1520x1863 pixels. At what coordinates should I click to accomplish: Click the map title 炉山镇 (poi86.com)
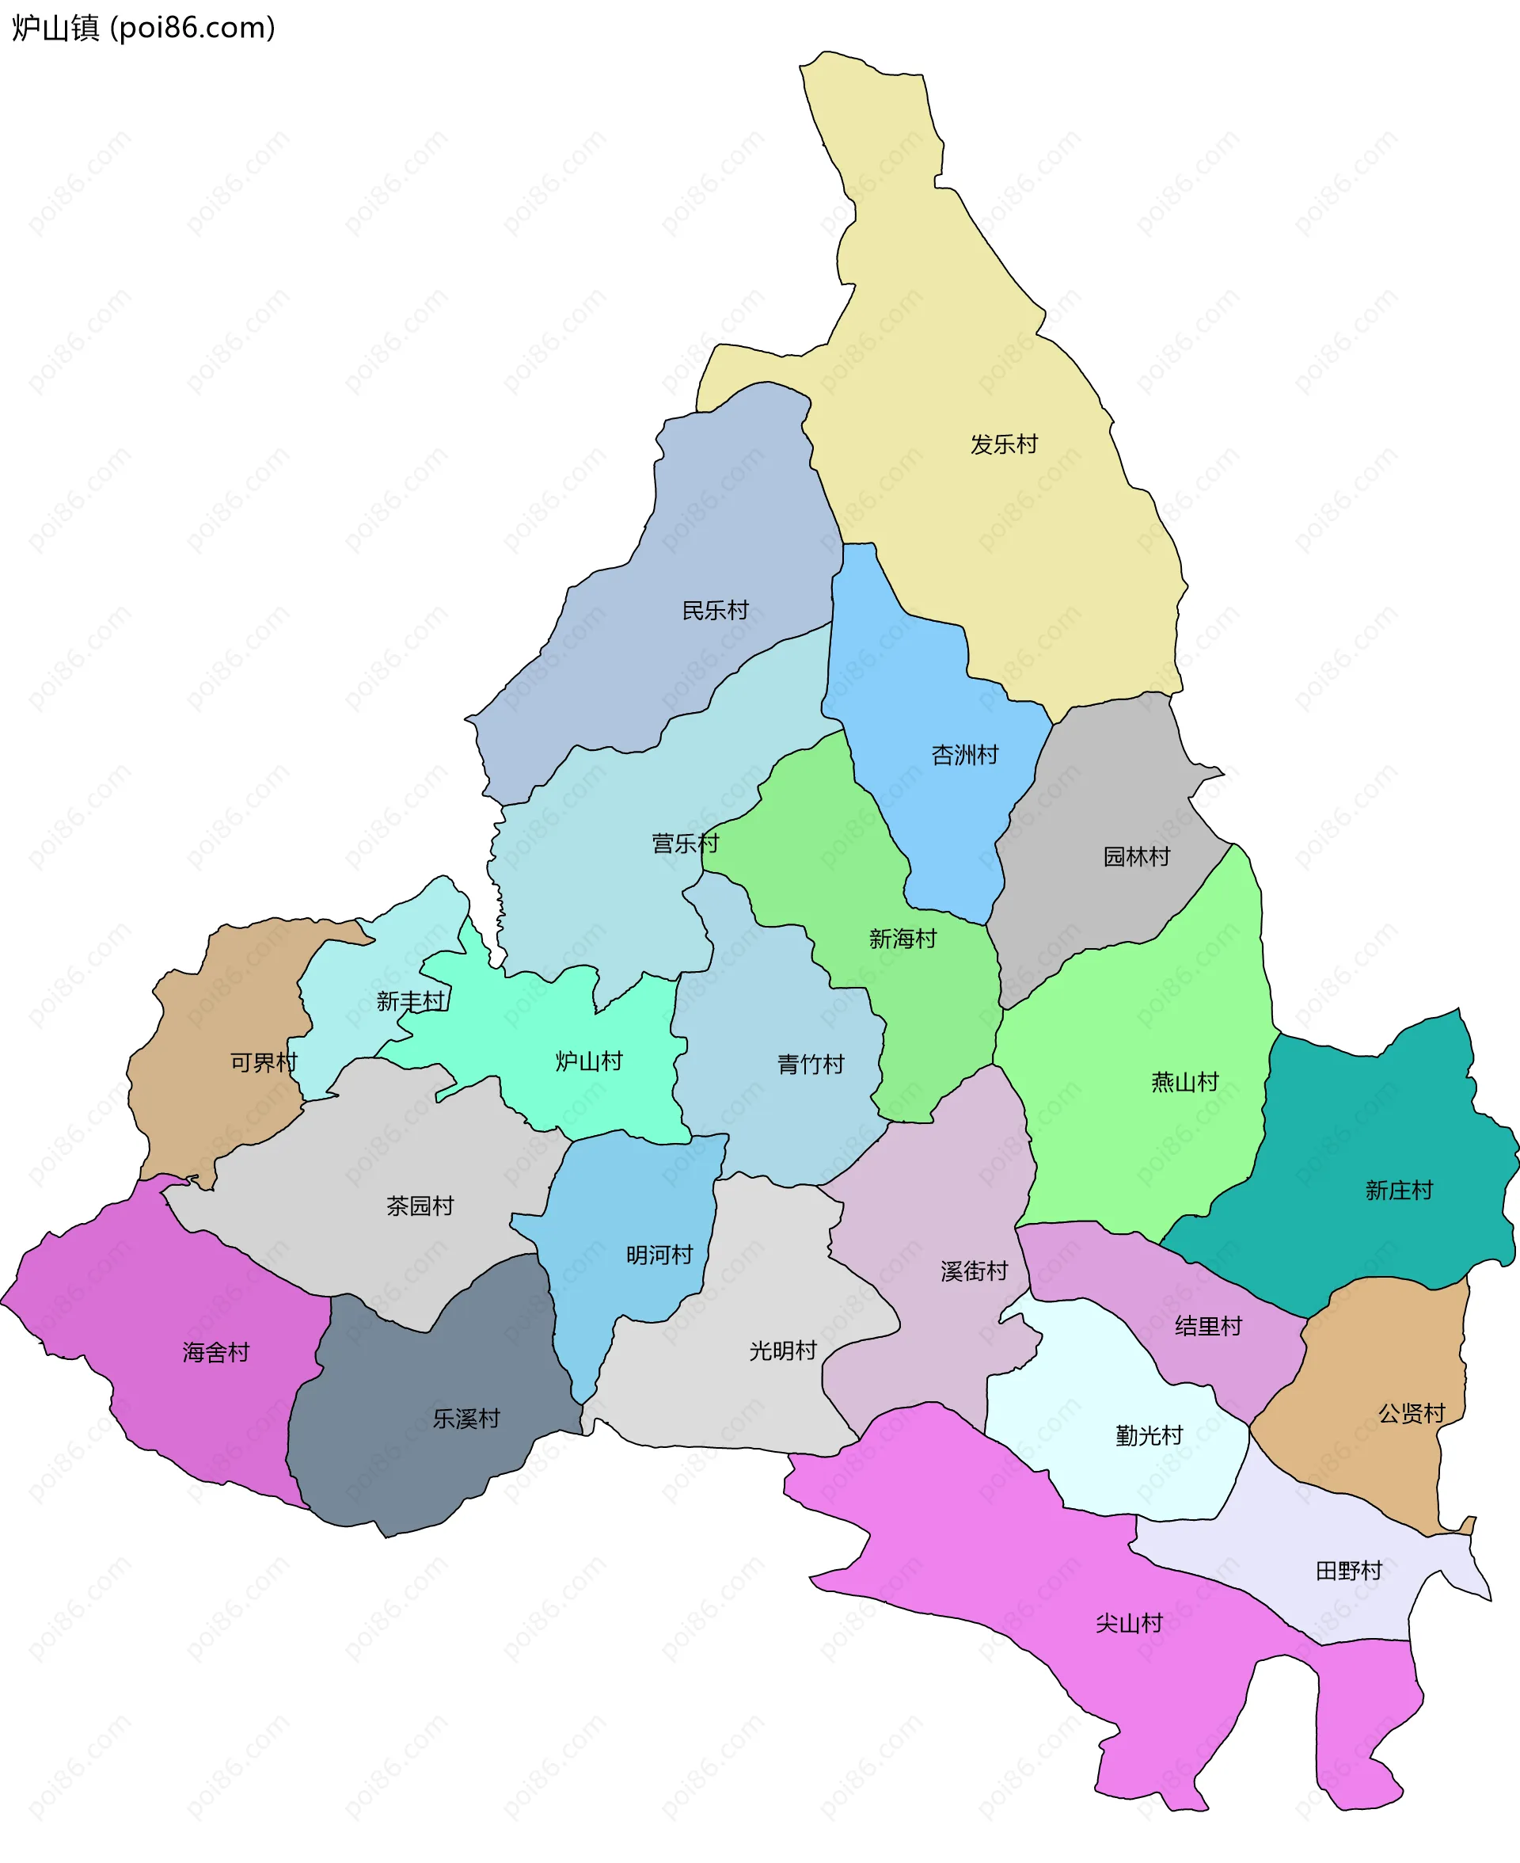coord(143,28)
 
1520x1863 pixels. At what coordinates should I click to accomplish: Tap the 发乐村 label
coord(1003,445)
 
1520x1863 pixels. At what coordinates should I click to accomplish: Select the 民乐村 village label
coord(716,611)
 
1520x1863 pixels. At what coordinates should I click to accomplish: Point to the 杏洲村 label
coord(965,755)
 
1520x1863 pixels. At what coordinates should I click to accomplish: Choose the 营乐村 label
coord(685,844)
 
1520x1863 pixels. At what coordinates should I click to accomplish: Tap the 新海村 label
coord(902,939)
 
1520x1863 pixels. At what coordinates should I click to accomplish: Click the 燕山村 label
coord(1184,1083)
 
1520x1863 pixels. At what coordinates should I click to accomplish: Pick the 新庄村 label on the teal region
coord(1399,1191)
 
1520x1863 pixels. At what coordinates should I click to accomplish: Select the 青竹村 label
coord(811,1065)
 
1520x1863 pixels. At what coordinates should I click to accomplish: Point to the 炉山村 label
coord(589,1061)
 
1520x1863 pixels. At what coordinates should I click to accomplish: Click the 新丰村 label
coord(411,1001)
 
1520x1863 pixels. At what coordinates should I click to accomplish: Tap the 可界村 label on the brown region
coord(264,1062)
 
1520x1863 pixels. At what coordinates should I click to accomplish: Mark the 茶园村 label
coord(420,1206)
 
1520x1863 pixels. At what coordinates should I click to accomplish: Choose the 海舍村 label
coord(216,1352)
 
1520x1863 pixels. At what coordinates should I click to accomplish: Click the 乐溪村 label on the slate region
coord(466,1419)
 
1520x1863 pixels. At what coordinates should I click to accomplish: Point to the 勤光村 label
coord(1149,1435)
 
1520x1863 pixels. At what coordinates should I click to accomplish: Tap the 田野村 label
coord(1349,1571)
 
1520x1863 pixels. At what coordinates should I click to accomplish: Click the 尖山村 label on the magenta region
coord(1130,1623)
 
